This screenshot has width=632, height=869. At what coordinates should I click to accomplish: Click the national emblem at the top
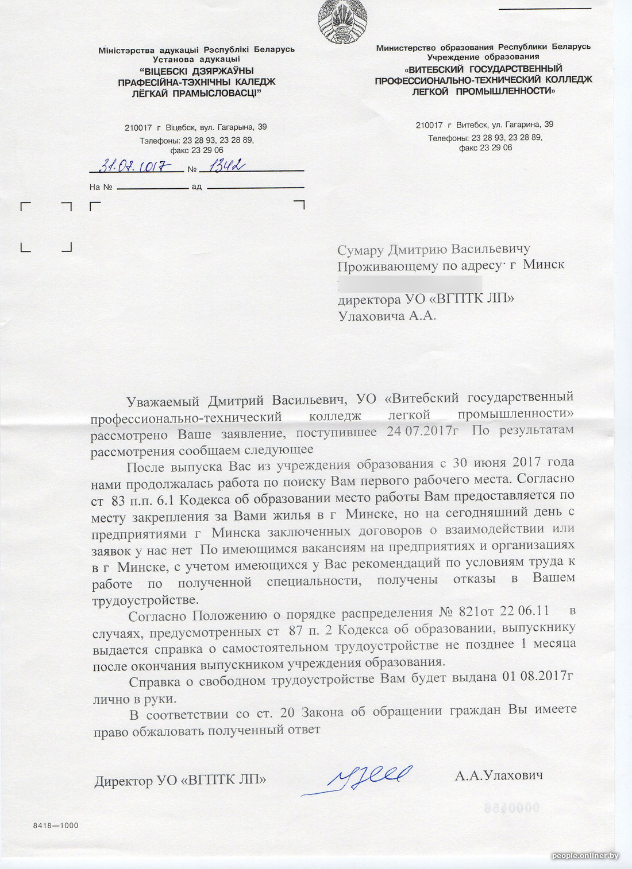pos(342,21)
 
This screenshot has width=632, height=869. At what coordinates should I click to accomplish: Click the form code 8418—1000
pos(56,825)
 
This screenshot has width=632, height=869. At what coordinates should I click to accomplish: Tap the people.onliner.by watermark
pos(585,856)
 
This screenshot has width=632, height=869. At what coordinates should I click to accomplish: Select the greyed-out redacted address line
pos(409,283)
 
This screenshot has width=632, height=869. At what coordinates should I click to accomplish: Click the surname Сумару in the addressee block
pos(360,250)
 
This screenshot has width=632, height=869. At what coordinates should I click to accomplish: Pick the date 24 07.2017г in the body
pos(422,432)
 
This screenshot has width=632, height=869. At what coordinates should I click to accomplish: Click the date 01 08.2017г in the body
pos(537,677)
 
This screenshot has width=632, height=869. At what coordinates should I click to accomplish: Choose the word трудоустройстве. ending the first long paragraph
pos(145,600)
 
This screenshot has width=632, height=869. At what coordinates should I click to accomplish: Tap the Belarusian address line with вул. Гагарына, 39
pos(196,127)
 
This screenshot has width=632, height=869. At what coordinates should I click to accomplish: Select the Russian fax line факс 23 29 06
pos(485,148)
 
